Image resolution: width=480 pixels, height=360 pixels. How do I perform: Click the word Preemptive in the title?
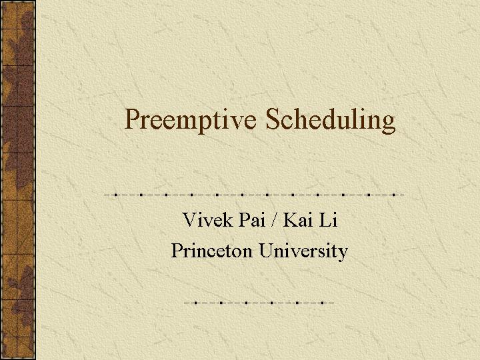tap(190, 120)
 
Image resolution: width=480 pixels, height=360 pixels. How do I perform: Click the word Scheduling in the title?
tap(330, 120)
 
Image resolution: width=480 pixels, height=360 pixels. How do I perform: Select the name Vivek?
tap(207, 219)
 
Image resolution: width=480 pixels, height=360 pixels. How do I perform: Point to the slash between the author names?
tap(273, 219)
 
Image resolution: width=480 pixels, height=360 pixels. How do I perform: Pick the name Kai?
tap(296, 219)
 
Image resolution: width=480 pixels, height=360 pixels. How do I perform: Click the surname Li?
tap(328, 219)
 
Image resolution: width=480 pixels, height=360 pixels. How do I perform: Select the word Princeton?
tap(212, 251)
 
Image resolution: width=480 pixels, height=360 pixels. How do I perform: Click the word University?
tap(303, 251)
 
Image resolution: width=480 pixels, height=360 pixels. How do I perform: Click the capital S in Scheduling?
tap(273, 119)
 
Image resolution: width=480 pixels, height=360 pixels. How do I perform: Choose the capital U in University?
tap(267, 251)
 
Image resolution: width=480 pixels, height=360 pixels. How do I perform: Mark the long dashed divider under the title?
tap(254, 195)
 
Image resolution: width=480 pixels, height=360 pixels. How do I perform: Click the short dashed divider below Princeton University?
tap(259, 303)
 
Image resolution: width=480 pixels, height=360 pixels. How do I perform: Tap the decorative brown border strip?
tap(18, 180)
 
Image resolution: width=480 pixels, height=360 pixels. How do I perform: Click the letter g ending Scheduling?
tap(388, 124)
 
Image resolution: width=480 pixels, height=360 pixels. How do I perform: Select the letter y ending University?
tap(343, 255)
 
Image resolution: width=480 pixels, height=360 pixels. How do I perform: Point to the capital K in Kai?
tap(291, 219)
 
